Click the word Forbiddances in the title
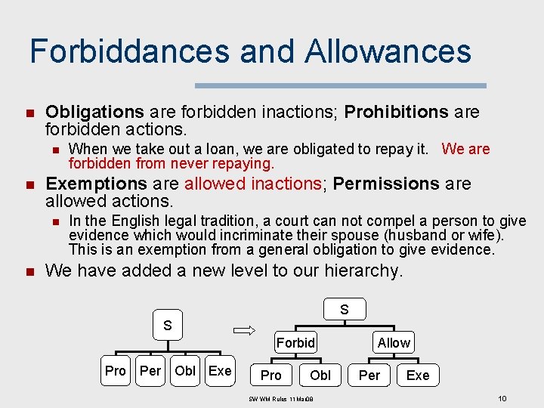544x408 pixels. (129, 51)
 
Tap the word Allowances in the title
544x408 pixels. (388, 51)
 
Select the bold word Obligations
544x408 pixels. (94, 113)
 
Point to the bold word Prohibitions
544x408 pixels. (397, 113)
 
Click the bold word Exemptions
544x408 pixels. (96, 184)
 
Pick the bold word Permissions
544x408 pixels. (387, 184)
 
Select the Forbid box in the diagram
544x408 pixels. (295, 342)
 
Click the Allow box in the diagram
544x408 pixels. (394, 342)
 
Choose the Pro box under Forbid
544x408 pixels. (270, 375)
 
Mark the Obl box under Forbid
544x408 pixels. (320, 375)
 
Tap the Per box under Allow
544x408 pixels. (369, 375)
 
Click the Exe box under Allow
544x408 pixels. (417, 375)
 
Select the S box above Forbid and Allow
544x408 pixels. (344, 309)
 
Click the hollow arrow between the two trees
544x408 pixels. (246, 329)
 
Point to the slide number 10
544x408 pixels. (502, 397)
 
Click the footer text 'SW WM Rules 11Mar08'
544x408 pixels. (280, 398)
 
